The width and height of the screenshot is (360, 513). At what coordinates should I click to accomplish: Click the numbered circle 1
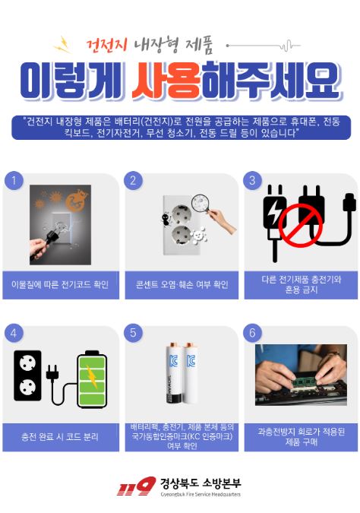[x=14, y=180]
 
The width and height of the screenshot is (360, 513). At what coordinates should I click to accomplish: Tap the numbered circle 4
[x=14, y=333]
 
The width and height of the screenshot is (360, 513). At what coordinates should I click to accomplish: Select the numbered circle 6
[x=252, y=333]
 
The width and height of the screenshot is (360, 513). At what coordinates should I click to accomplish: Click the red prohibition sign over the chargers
[x=301, y=226]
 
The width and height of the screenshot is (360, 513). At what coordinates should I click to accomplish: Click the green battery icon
[x=92, y=379]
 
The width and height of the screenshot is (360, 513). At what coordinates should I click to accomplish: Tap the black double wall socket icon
[x=27, y=375]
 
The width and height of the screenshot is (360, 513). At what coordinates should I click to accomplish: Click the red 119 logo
[x=136, y=486]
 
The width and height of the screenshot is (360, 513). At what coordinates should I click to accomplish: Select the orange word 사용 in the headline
[x=166, y=81]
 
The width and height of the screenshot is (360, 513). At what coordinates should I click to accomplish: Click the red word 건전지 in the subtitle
[x=106, y=45]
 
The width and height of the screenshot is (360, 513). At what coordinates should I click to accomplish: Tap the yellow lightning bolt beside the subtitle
[x=62, y=45]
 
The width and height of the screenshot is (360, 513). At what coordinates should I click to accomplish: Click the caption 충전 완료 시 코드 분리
[x=60, y=437]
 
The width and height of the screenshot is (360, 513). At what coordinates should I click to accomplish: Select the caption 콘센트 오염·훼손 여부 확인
[x=182, y=284]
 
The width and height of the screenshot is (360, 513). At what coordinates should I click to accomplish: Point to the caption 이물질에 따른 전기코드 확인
[x=60, y=284]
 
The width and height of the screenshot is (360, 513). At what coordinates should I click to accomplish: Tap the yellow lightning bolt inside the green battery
[x=92, y=376]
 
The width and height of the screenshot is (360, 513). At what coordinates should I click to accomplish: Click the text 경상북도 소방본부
[x=200, y=483]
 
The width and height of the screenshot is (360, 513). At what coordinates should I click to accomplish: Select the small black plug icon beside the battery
[x=52, y=372]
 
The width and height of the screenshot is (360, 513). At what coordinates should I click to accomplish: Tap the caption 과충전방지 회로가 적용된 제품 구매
[x=301, y=437]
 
